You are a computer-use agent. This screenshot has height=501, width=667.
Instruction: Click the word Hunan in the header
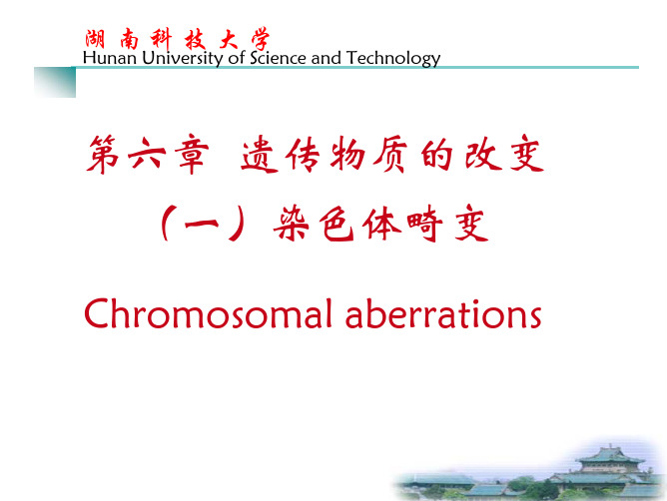point(109,58)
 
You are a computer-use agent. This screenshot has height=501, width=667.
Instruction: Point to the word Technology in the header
point(393,59)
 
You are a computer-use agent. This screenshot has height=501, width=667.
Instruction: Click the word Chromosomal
point(208,313)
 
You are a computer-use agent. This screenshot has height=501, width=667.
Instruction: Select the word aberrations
point(443,313)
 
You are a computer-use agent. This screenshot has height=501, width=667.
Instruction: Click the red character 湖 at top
point(95,40)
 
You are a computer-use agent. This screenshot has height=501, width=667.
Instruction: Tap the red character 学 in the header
point(261,39)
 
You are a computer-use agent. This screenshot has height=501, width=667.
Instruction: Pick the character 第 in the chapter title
point(103,154)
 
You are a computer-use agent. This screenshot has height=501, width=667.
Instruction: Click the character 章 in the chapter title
point(194,154)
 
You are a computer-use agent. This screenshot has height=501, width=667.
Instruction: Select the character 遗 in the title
point(260,154)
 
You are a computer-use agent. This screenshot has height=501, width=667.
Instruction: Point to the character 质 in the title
point(390,155)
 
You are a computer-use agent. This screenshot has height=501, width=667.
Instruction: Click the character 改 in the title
point(483,154)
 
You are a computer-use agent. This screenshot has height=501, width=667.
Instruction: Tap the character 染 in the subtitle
point(291,223)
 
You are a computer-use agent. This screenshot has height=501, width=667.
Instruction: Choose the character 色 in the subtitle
point(336,224)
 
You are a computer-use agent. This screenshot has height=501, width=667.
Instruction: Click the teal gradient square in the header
point(55,82)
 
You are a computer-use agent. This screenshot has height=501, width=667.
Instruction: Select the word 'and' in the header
point(326,58)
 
